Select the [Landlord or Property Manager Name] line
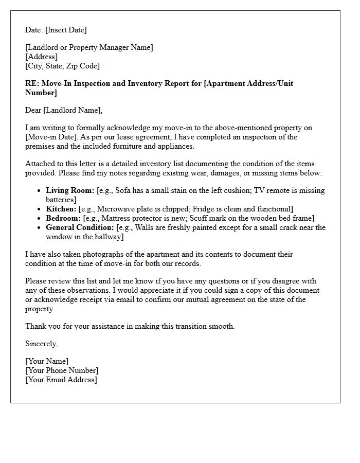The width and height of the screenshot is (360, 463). [89, 47]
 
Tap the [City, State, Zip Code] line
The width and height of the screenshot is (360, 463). [62, 66]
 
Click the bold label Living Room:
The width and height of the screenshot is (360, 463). [70, 190]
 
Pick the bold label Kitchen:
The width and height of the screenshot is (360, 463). [61, 209]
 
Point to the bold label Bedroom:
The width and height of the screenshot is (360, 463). [63, 218]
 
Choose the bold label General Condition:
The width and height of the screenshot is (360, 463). [80, 227]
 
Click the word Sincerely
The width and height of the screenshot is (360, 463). [41, 344]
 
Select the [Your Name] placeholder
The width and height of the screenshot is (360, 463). [47, 361]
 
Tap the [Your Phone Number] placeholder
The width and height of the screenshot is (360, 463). [62, 370]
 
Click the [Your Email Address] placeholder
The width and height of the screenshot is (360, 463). [61, 380]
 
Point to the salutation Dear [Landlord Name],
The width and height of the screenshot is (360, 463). [64, 110]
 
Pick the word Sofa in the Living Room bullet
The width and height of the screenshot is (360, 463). [124, 190]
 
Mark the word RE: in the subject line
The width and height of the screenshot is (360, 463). [32, 83]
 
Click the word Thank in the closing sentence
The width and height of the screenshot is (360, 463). [36, 326]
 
